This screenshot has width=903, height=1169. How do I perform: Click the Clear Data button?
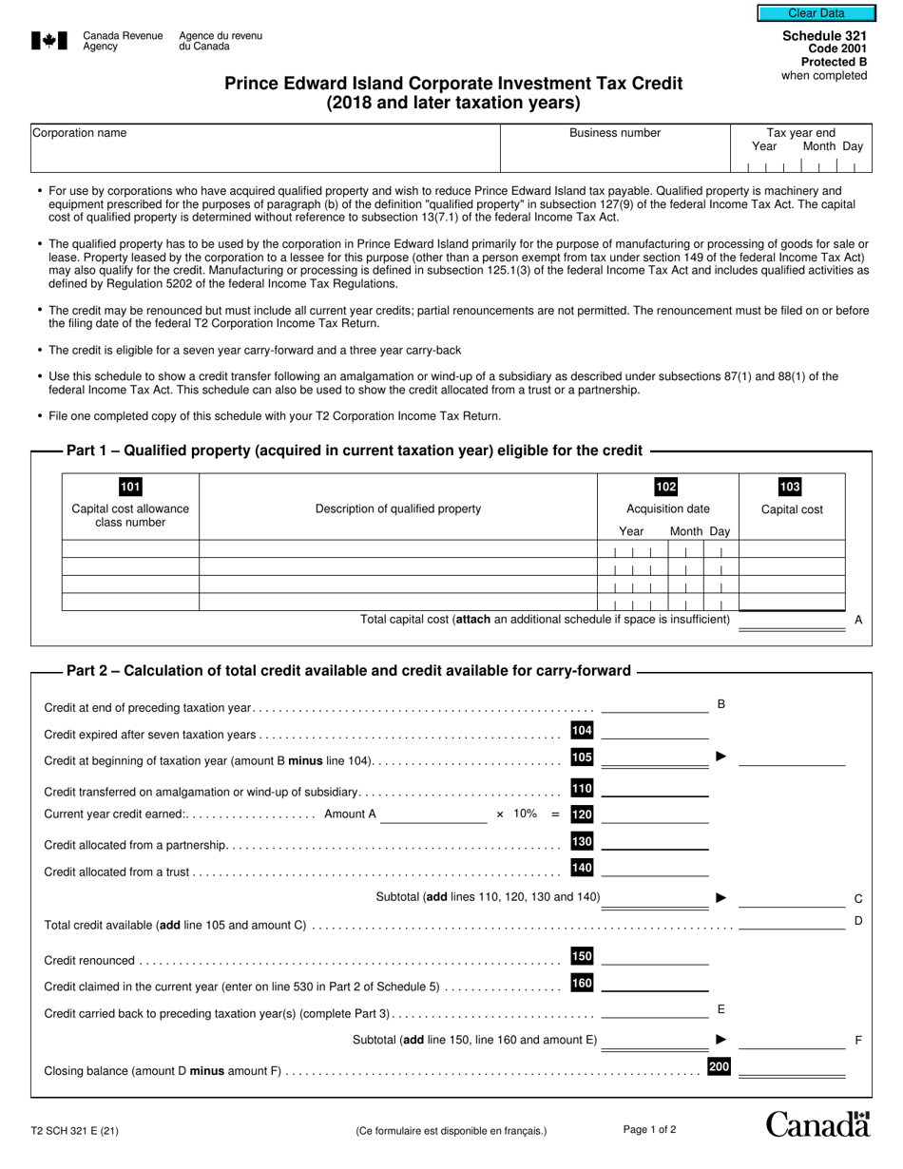pos(816,13)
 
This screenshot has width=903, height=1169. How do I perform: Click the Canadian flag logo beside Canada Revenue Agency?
pos(49,40)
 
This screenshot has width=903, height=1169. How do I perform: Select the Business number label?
pos(615,133)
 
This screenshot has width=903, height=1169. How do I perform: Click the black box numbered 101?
pos(130,487)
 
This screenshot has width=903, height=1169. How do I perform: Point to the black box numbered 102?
pos(666,487)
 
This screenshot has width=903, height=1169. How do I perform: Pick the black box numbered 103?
pos(790,487)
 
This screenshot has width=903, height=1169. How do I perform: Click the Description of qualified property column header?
pos(398,508)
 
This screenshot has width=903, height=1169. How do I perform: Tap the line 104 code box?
pos(582,730)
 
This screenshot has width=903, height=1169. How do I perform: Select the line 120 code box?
pos(582,814)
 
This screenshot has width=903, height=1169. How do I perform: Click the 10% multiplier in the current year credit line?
pos(525,814)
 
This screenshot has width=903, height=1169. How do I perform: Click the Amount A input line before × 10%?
pos(432,815)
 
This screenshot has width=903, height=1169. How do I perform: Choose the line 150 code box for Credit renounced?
pos(582,956)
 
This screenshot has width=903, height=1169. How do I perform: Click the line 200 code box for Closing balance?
pos(719,1067)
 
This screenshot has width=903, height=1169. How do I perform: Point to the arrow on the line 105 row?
pos(721,757)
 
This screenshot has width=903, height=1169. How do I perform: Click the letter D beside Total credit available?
pos(858,920)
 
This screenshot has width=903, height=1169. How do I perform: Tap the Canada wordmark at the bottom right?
pos(817,1124)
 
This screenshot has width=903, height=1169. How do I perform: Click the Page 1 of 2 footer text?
pos(650,1129)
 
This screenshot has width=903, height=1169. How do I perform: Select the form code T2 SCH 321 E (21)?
pos(74,1131)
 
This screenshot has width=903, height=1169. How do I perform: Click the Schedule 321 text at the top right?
pos(824,35)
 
